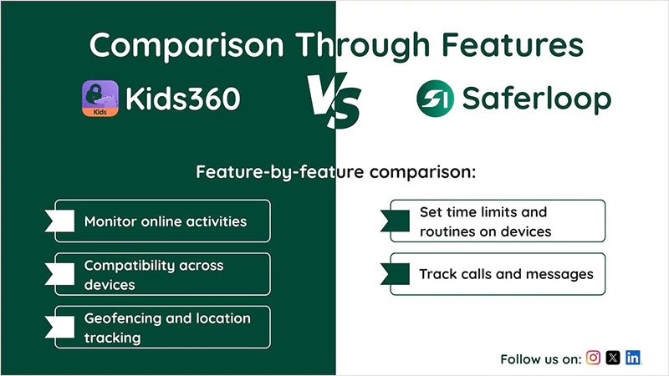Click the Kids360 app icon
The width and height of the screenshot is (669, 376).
point(100,99)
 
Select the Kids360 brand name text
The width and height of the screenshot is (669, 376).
point(183,99)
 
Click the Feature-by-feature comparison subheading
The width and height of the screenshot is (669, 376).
point(335,173)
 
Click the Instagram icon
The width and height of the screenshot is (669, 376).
point(593,358)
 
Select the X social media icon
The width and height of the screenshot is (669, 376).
point(613,358)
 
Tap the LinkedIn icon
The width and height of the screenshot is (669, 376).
point(633,358)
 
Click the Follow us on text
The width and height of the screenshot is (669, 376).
point(540,359)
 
